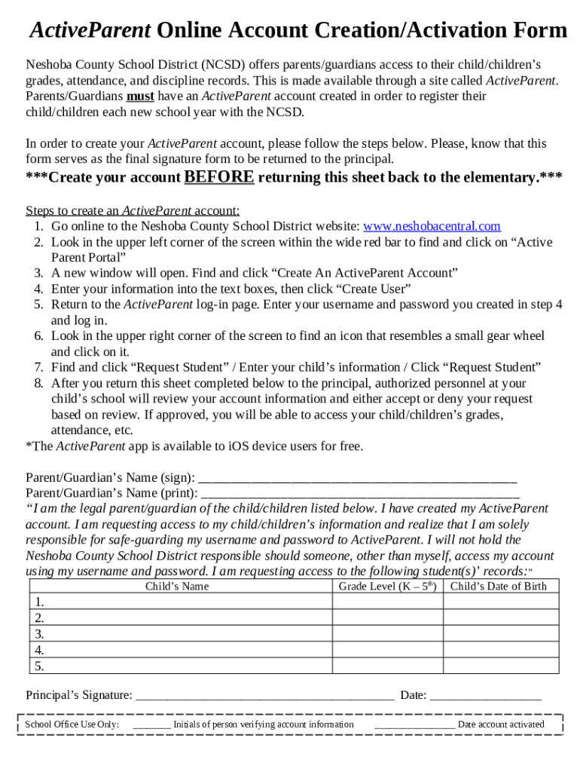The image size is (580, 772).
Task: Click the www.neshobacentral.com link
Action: pyautogui.click(x=432, y=226)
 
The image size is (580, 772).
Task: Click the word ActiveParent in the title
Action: pyautogui.click(x=90, y=30)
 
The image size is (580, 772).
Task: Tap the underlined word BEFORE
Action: pyautogui.click(x=219, y=177)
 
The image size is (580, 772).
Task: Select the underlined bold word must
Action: pyautogui.click(x=140, y=96)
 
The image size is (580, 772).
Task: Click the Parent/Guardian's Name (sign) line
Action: pyautogui.click(x=357, y=478)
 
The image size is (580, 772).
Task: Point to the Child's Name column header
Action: pyautogui.click(x=177, y=587)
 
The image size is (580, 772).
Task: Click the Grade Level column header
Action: pyautogui.click(x=387, y=587)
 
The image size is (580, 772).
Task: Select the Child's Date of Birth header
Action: pyautogui.click(x=499, y=587)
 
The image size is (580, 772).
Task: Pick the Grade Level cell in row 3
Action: pyautogui.click(x=387, y=634)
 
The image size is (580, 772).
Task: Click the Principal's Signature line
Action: pyautogui.click(x=264, y=695)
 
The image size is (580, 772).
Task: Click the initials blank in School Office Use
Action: pyautogui.click(x=151, y=725)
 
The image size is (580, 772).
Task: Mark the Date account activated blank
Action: pyautogui.click(x=414, y=725)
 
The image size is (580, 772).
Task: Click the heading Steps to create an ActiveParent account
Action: pyautogui.click(x=133, y=210)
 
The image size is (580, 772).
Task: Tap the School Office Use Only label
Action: pyautogui.click(x=72, y=725)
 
